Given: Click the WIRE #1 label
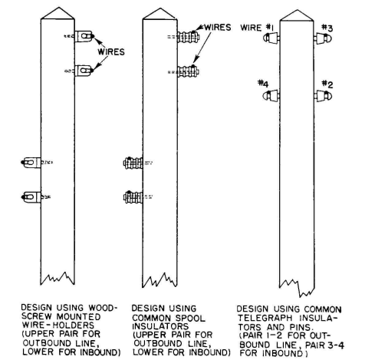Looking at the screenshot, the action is click(x=257, y=28).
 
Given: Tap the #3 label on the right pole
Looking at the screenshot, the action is click(x=327, y=28).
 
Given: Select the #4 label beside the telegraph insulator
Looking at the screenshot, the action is click(x=263, y=84).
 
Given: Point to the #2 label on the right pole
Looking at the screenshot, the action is click(x=327, y=84).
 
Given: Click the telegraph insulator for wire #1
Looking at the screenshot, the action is click(x=271, y=38).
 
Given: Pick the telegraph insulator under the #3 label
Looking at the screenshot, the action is click(x=323, y=38).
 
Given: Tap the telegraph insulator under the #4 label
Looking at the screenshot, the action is click(x=271, y=96).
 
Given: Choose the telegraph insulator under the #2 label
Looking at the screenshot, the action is click(x=323, y=96).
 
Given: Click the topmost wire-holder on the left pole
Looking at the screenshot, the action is click(x=84, y=36).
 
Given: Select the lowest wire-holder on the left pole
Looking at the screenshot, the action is click(x=31, y=197).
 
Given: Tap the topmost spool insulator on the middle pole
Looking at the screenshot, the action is click(x=189, y=37).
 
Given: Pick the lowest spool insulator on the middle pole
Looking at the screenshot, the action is click(x=133, y=197).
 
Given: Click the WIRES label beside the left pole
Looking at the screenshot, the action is click(x=111, y=52).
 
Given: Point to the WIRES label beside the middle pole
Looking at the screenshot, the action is click(x=217, y=27).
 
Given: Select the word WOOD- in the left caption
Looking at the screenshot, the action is click(x=103, y=308).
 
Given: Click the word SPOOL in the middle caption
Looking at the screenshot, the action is click(x=190, y=318).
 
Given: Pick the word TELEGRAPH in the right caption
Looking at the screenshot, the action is click(x=265, y=318).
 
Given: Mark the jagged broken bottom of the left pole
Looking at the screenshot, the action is click(x=58, y=279).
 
